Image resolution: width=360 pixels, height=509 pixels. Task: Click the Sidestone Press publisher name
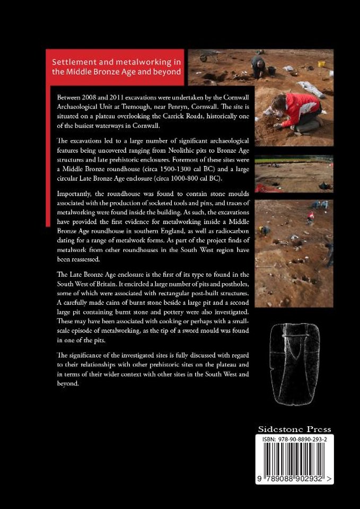[294, 429]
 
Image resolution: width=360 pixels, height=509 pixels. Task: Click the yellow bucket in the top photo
[321, 64]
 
